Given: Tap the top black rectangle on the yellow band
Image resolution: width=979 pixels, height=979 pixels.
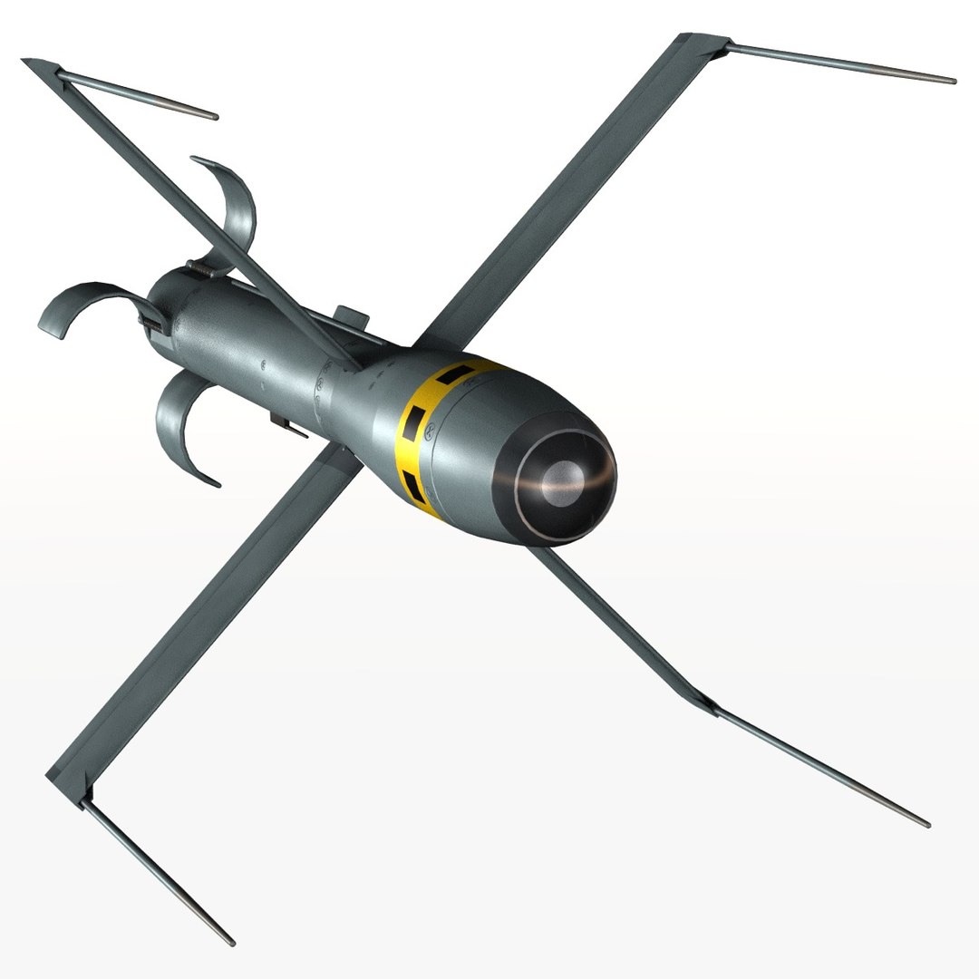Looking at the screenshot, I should point(456,372).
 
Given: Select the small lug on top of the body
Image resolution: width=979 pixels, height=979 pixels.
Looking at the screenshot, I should point(352,316).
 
